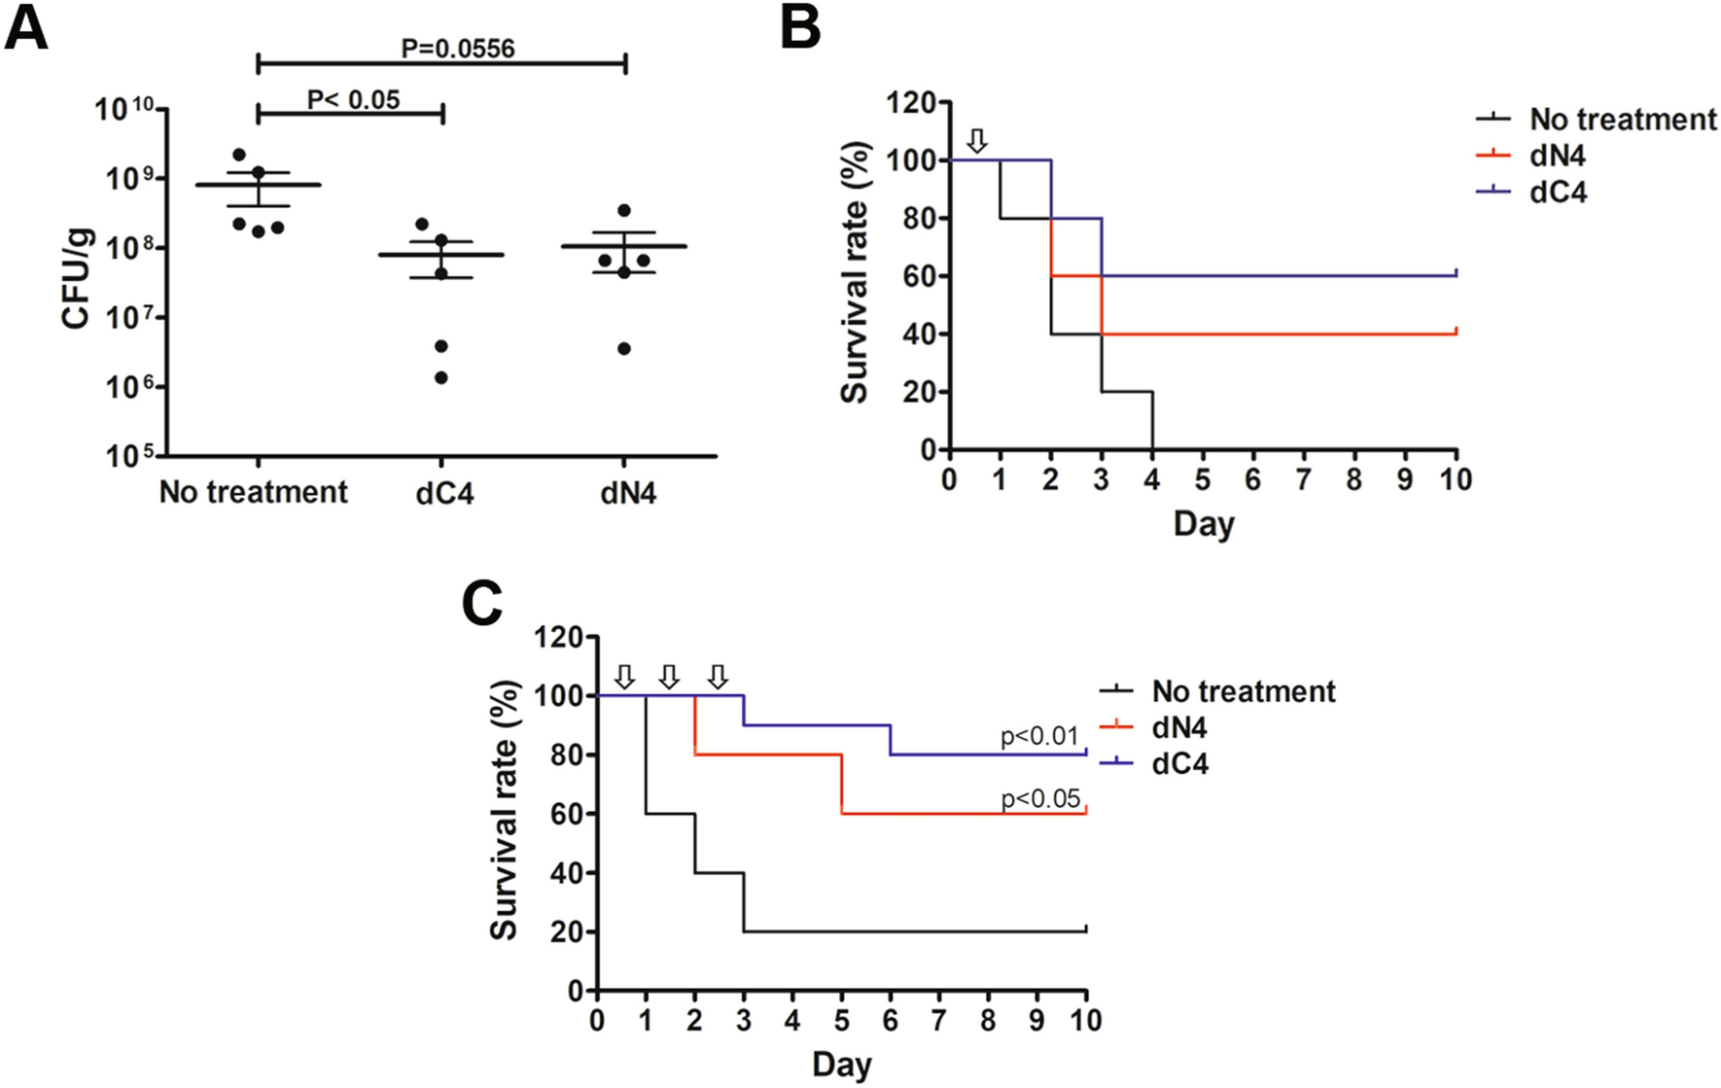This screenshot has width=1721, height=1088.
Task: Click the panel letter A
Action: coord(26,28)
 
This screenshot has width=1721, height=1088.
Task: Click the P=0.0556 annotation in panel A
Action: coord(457,48)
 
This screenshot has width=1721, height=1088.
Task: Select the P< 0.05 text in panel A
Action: coord(353,99)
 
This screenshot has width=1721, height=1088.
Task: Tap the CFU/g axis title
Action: coord(77,279)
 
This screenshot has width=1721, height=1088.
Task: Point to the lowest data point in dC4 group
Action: coord(441,377)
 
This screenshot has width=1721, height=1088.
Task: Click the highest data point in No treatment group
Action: coord(239,155)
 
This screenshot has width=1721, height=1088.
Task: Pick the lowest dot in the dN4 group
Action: coord(624,348)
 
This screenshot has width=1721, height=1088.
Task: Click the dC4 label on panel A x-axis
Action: coord(444,493)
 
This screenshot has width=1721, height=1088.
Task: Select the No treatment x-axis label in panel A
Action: coord(253,492)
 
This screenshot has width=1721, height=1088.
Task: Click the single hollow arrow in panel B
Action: coord(978,140)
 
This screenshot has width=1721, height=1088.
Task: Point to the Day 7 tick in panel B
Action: coord(1304,479)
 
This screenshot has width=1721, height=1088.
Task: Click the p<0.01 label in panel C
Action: coord(1039,736)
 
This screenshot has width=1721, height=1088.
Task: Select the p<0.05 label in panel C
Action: coord(1039,798)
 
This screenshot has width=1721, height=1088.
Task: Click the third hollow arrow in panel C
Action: coord(718,676)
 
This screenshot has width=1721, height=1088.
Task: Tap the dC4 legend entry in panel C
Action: coord(1179,764)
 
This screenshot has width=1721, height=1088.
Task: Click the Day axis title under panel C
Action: coord(841,1064)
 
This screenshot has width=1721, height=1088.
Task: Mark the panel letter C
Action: coord(482,604)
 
